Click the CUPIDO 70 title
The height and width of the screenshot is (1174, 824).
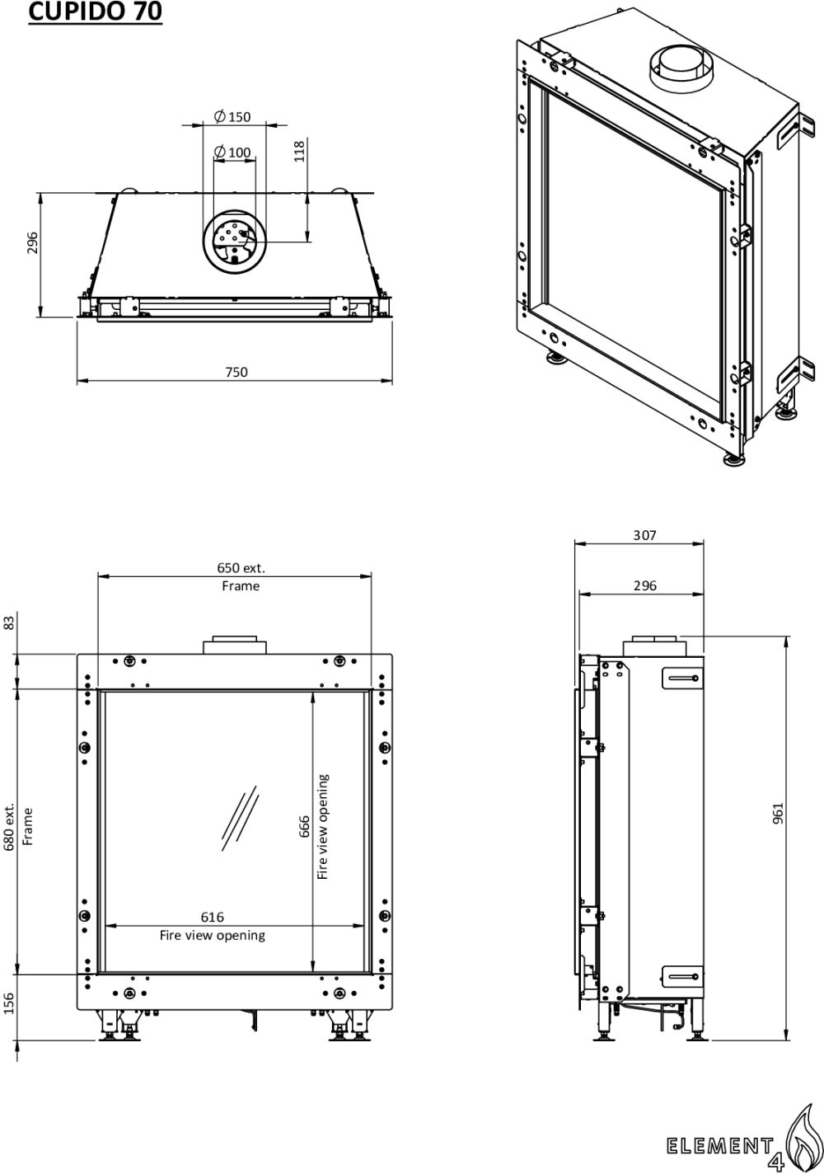95,12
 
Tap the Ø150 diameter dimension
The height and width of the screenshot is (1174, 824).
233,116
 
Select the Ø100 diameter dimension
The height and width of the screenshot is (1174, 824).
233,152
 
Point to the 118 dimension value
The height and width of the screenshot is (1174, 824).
299,152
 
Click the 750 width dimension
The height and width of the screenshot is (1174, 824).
236,372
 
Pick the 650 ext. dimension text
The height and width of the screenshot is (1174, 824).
241,567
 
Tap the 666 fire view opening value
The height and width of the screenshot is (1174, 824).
304,827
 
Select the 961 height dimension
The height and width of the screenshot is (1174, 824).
779,814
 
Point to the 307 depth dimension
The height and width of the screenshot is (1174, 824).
644,535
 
